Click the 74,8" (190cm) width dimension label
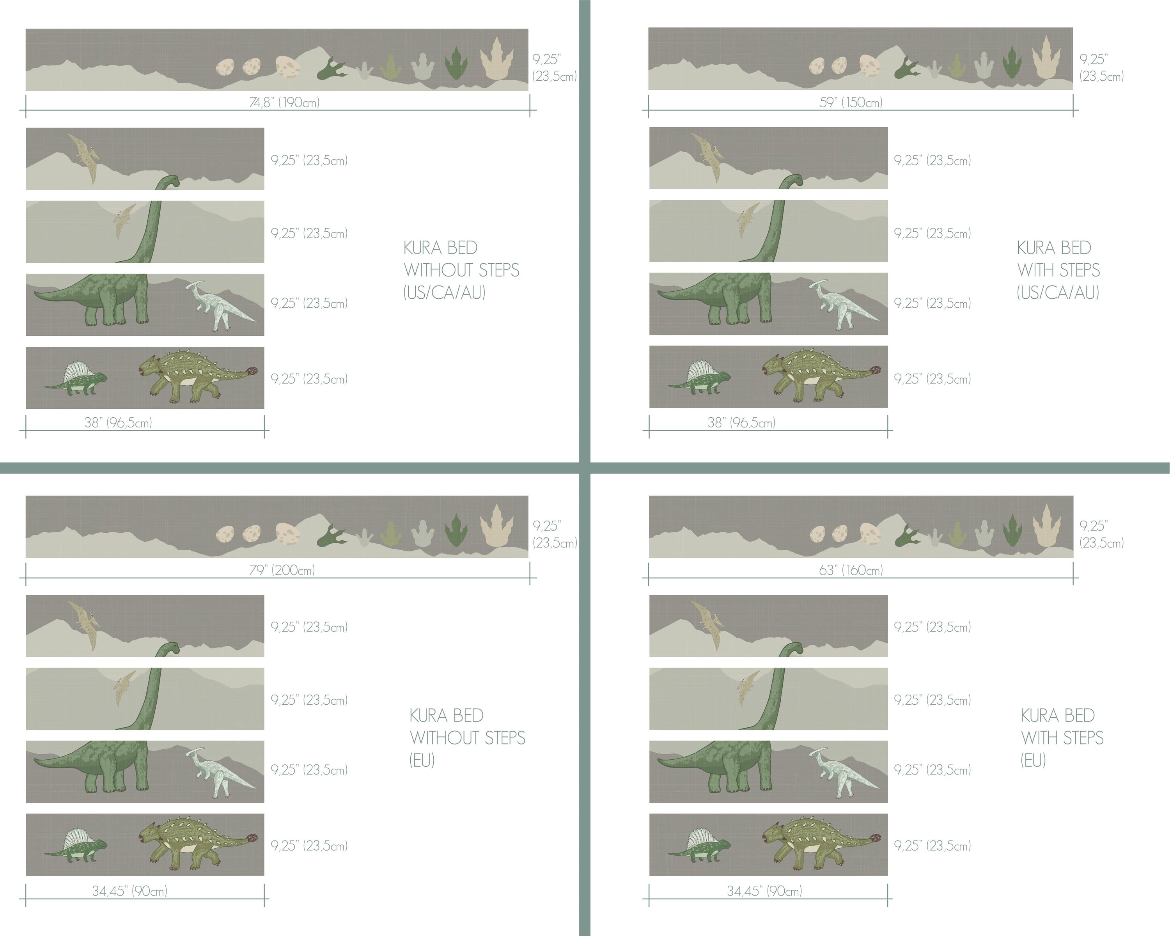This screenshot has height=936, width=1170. point(284,102)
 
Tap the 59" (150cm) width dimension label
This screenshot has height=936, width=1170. point(851,102)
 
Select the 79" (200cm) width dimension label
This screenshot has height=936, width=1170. point(282,570)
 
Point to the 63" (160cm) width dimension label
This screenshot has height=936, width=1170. point(851,570)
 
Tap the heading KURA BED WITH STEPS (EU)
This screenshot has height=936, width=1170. point(1062,738)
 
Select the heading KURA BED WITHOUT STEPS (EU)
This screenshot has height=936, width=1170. point(467,738)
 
